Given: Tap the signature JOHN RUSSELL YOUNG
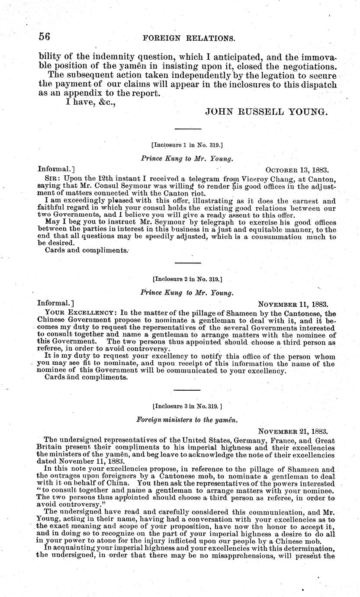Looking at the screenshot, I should (x=266, y=112).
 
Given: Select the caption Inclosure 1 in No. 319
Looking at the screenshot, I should (x=187, y=146).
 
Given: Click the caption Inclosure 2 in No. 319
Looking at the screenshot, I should (x=187, y=279).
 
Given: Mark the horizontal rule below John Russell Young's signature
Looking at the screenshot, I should (x=187, y=129).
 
